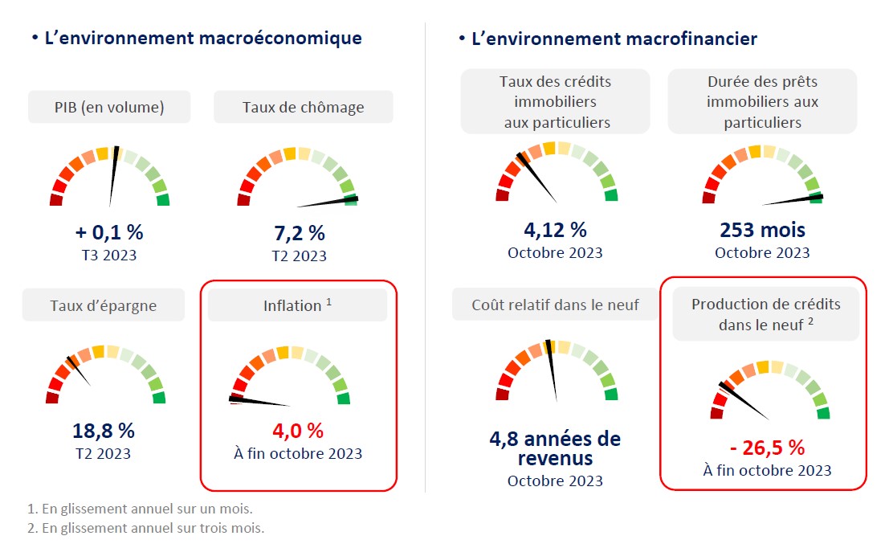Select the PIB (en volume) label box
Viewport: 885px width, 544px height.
(x=109, y=107)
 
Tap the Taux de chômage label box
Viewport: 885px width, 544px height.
(x=303, y=107)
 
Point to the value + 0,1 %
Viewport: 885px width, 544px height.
(x=109, y=233)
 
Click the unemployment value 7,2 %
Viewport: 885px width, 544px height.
(x=299, y=234)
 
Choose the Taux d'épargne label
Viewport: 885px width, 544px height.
(x=104, y=305)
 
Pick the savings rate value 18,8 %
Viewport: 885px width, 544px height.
(x=104, y=431)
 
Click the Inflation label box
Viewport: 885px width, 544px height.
(x=297, y=305)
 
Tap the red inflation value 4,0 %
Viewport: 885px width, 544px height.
(x=298, y=431)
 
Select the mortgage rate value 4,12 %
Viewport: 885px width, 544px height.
(x=555, y=230)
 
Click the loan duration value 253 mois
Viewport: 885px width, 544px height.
(x=762, y=231)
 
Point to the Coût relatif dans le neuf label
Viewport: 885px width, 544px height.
(x=555, y=305)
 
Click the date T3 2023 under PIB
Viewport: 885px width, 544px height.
(x=109, y=256)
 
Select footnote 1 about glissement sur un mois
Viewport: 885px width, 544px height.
(x=141, y=509)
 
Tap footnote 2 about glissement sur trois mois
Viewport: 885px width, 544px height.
(x=145, y=528)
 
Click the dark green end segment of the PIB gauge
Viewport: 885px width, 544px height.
(x=163, y=199)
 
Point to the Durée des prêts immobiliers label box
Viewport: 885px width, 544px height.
(x=762, y=102)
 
